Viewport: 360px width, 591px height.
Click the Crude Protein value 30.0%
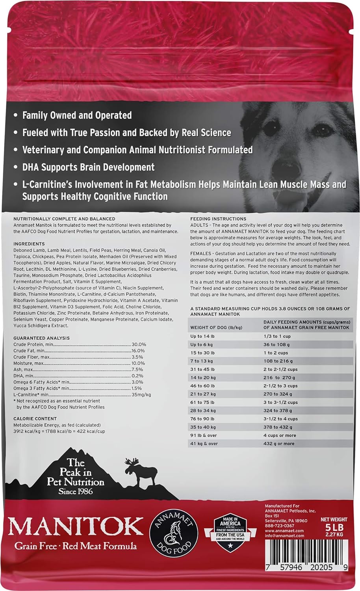[x=139, y=344]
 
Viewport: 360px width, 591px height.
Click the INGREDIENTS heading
[x=29, y=244]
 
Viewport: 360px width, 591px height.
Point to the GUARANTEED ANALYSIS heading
[x=41, y=338]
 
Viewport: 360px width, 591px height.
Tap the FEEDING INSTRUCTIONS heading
[x=218, y=219]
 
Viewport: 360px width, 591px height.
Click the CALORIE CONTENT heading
[x=35, y=419]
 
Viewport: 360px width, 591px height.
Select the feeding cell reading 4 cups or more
[x=279, y=435]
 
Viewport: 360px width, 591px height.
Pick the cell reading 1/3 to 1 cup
[x=277, y=336]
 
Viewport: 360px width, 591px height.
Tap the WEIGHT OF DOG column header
[x=216, y=327]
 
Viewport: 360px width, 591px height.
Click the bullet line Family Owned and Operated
[x=77, y=115]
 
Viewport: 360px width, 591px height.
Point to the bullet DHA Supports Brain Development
[x=88, y=167]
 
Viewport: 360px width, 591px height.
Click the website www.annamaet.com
[x=279, y=531]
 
